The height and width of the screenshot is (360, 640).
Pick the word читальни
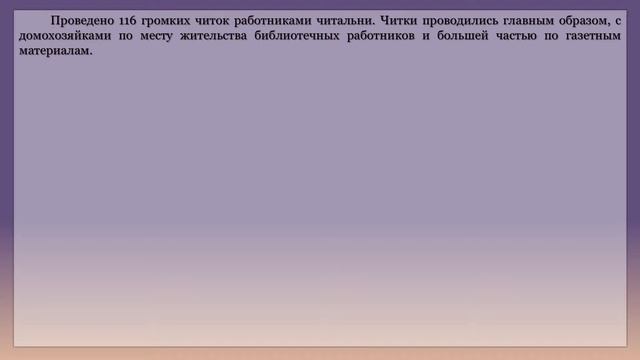(x=348, y=21)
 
